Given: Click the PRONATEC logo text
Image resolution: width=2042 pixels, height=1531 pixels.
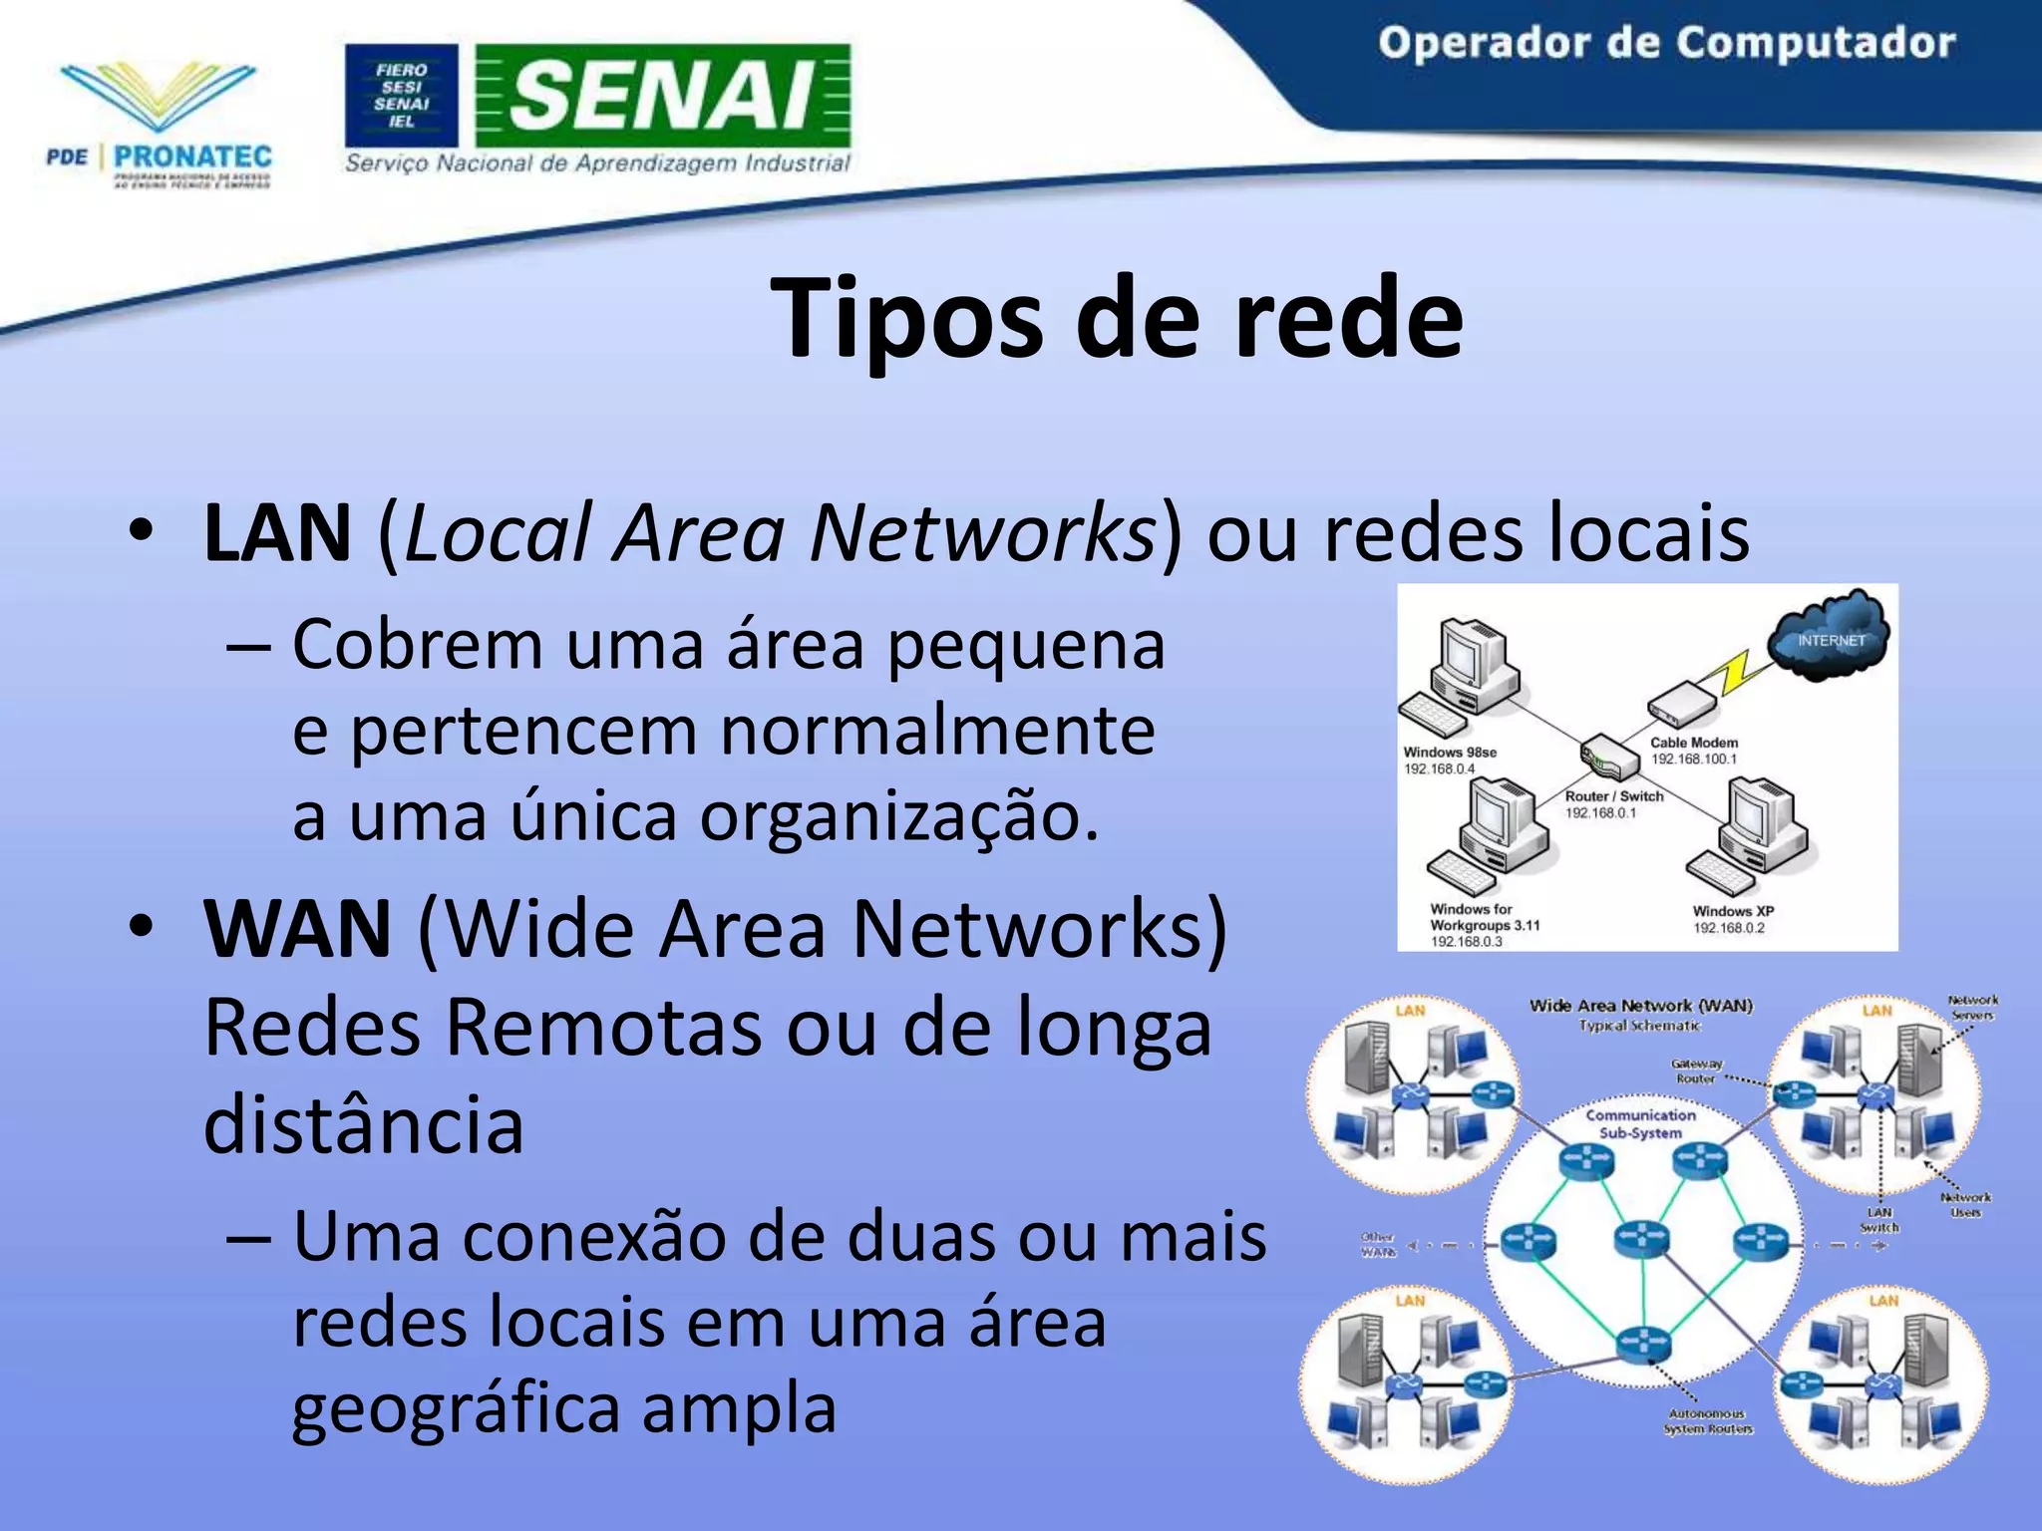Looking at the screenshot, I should click(192, 156).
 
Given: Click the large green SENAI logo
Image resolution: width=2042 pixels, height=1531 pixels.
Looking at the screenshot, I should click(662, 96).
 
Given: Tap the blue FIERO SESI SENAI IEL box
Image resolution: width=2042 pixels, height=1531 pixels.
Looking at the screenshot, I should click(402, 96).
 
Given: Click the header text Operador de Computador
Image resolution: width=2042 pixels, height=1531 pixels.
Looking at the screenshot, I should click(1666, 44).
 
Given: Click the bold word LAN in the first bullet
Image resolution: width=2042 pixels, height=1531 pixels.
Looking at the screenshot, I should click(277, 533).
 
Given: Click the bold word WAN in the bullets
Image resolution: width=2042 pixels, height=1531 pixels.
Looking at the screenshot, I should click(297, 929).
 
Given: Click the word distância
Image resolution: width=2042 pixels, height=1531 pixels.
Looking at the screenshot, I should click(364, 1124).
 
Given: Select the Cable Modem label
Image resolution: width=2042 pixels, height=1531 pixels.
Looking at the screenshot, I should click(1694, 743).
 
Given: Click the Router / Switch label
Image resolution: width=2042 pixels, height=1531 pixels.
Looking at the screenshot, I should click(1614, 796).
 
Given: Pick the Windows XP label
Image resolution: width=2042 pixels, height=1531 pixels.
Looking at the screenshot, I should click(1733, 911).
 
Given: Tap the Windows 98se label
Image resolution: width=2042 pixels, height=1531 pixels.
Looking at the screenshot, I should click(1450, 753).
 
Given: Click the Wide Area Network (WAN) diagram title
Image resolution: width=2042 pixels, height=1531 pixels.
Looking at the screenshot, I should click(1641, 1006).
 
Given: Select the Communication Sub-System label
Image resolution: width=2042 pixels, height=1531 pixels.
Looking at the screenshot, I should click(1640, 1123).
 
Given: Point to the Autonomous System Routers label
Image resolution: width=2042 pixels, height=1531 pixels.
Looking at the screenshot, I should click(1707, 1421).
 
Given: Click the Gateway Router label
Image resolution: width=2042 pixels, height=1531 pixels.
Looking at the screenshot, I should click(1696, 1071).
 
